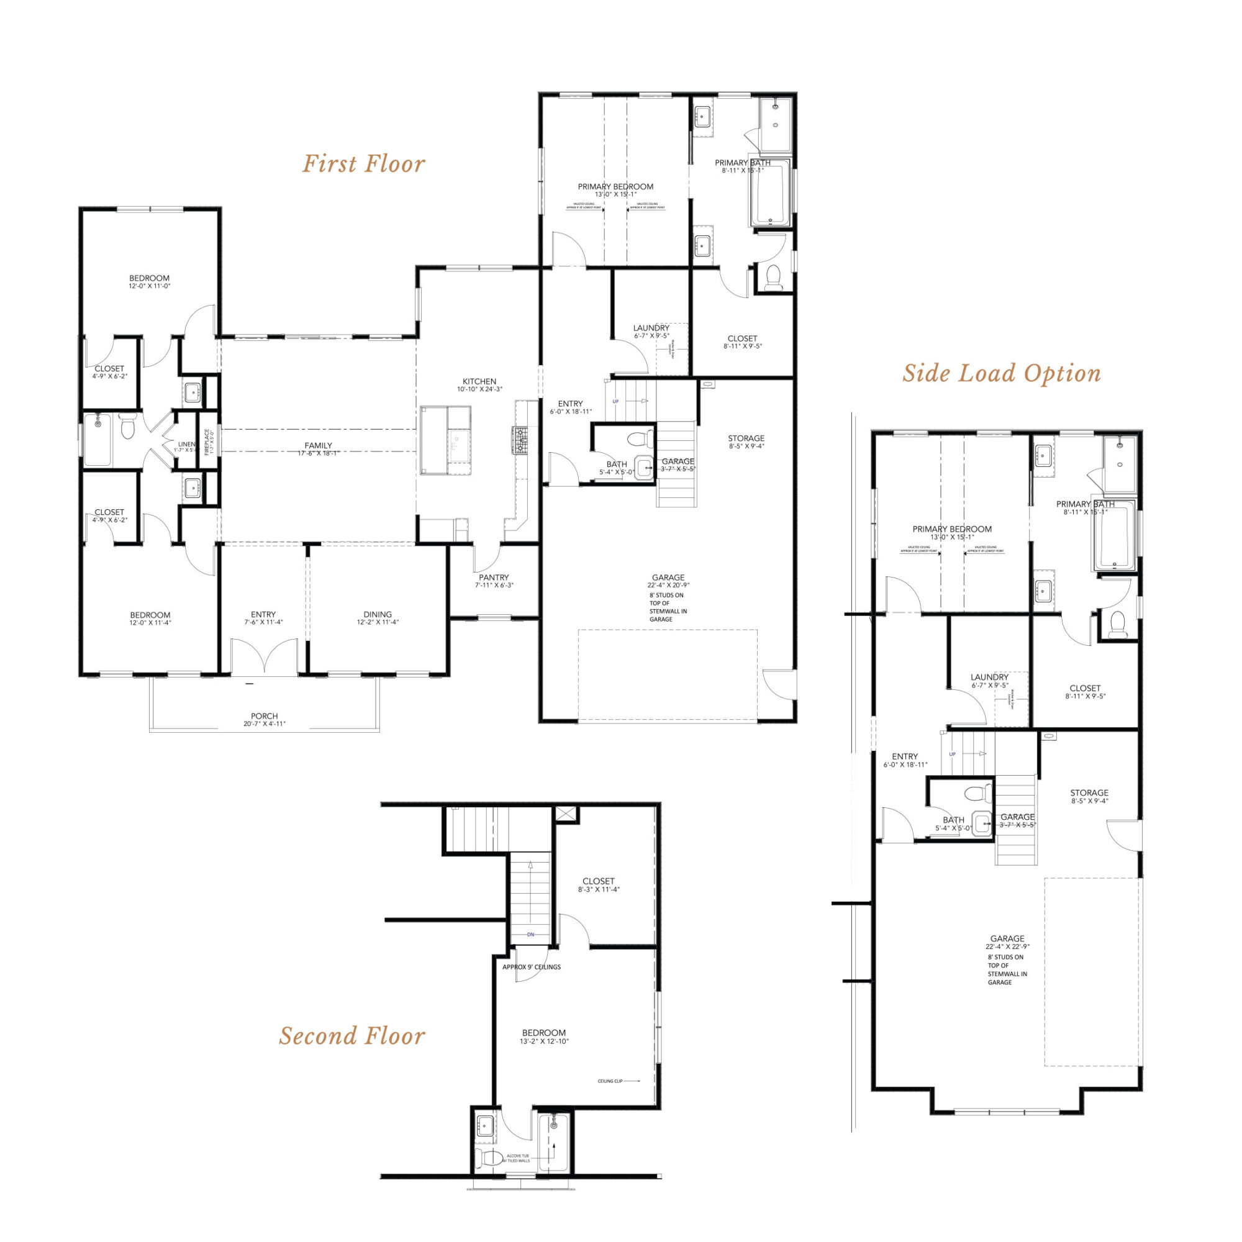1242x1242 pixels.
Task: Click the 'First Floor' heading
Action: [363, 164]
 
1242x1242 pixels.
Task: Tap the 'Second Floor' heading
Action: [351, 1036]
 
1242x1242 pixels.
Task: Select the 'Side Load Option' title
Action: [1001, 373]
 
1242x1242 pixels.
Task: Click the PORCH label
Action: [264, 716]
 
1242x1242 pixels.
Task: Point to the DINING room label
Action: [378, 615]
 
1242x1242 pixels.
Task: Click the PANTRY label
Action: [494, 578]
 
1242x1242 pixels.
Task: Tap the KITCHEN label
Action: [479, 381]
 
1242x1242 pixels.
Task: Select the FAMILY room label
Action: [318, 445]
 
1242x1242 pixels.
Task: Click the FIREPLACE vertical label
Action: [207, 442]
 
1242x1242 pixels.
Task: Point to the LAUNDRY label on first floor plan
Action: [651, 328]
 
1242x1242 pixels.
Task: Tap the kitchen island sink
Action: [459, 443]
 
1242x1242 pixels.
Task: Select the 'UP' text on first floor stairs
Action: [615, 402]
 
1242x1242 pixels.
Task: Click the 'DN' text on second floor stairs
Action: [530, 935]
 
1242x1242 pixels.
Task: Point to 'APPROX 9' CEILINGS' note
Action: [531, 967]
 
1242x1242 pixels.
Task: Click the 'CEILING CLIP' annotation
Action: [610, 1081]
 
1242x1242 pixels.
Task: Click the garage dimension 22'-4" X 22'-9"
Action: [1007, 947]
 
